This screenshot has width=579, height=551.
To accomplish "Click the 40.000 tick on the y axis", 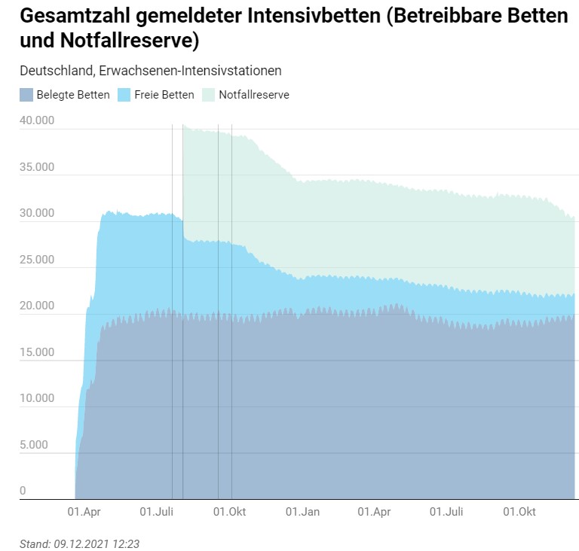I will click(36, 120).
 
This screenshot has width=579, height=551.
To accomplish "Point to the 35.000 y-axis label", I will click(36, 167).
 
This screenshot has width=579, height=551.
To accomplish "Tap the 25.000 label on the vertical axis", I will click(36, 260).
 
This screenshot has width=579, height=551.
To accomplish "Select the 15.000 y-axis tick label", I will click(36, 352).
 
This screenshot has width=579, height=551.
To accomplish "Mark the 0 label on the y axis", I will click(23, 491).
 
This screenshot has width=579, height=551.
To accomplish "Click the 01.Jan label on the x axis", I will click(302, 512).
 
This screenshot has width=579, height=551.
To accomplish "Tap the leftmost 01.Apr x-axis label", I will click(84, 512).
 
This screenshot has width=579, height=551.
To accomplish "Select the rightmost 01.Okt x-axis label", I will click(519, 512).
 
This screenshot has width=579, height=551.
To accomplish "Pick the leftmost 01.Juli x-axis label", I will click(157, 512).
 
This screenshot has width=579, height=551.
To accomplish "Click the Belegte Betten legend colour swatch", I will click(26, 95).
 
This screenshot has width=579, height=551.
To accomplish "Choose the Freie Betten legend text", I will click(164, 95).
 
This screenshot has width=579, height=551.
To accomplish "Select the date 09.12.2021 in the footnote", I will click(82, 543).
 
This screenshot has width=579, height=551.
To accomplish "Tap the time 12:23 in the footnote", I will click(126, 543).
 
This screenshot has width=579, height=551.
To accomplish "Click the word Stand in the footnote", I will click(33, 543).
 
